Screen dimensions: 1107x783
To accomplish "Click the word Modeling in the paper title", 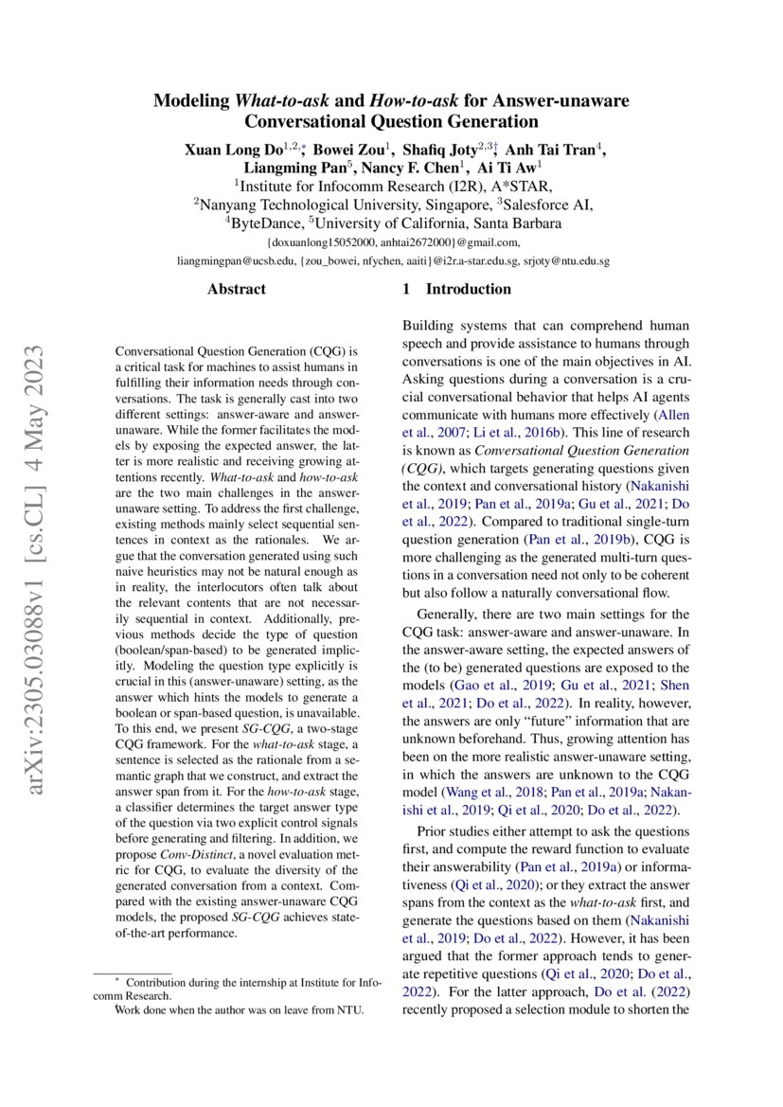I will click(x=192, y=100).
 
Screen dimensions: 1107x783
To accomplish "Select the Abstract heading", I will click(x=237, y=289).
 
